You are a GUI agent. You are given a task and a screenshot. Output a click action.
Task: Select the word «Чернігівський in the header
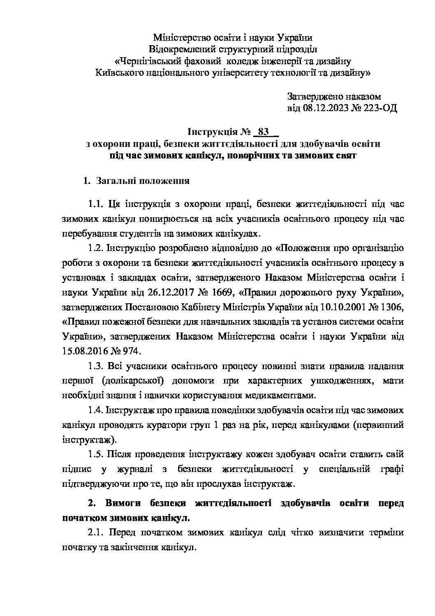click(146, 61)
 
